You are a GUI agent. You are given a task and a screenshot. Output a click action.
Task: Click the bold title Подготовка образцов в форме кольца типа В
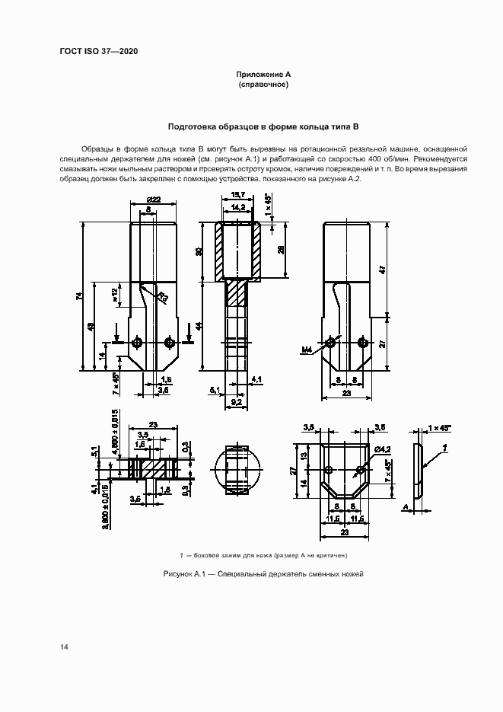[x=263, y=126]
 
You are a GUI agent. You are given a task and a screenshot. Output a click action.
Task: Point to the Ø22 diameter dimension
[x=153, y=200]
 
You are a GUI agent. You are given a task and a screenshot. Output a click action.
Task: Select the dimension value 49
[x=91, y=327]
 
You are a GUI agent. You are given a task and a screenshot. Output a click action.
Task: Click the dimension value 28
[x=282, y=250]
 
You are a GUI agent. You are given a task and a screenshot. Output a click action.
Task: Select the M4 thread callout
[x=307, y=350]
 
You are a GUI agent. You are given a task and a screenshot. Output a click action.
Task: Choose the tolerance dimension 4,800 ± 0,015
[x=113, y=433]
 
